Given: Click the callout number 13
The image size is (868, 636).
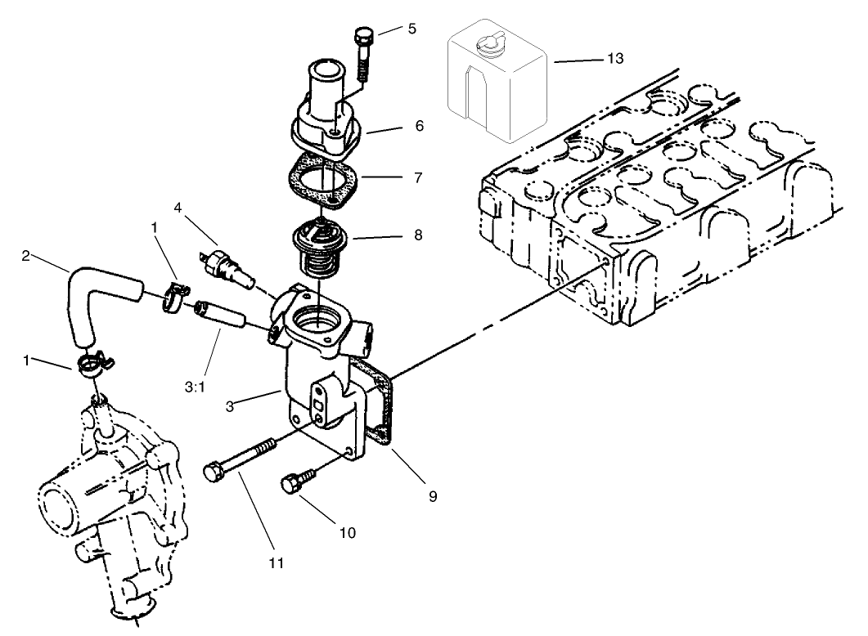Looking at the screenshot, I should tap(615, 59).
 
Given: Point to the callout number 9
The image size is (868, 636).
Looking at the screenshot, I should tap(431, 495).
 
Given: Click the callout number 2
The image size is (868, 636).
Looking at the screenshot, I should tap(26, 256).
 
